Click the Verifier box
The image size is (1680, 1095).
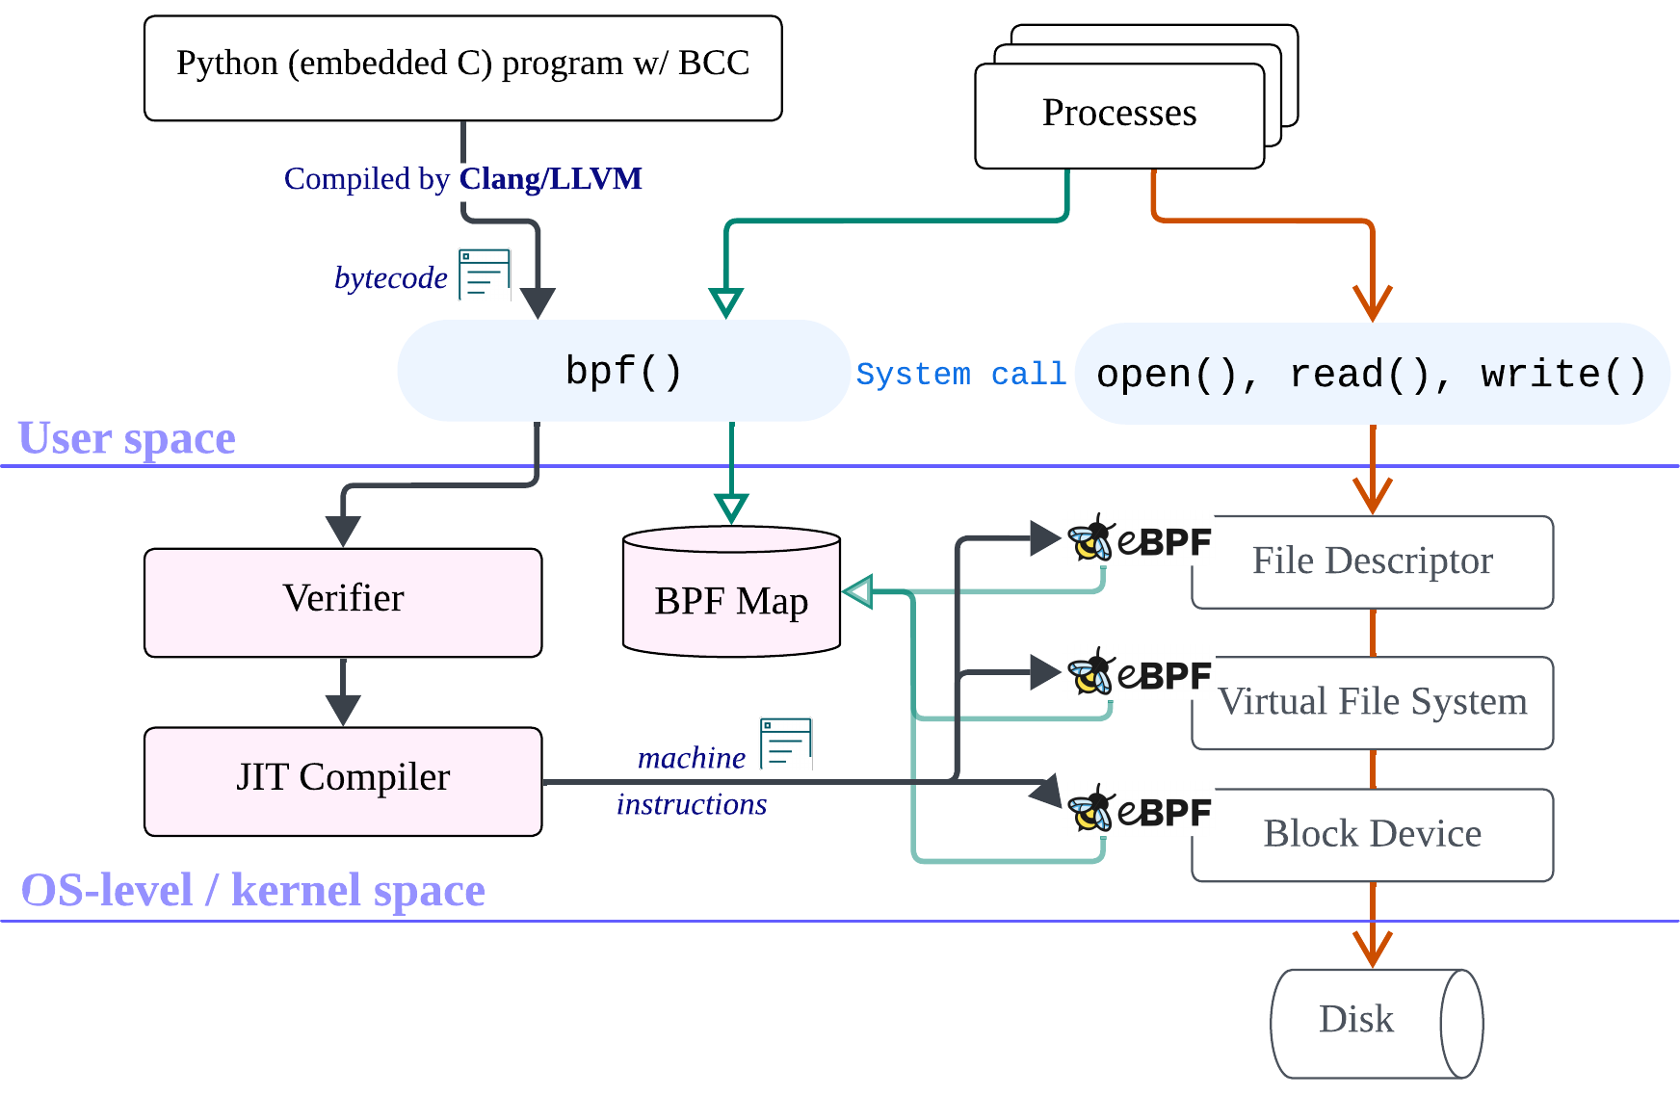(343, 602)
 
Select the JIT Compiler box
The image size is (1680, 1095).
(343, 780)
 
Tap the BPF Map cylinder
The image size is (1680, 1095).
(731, 602)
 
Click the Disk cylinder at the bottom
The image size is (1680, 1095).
(1368, 1022)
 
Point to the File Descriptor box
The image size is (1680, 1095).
(1372, 562)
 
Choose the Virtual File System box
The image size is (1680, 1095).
(1372, 703)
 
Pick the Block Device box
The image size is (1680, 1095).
(1372, 834)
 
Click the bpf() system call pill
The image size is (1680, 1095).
(623, 371)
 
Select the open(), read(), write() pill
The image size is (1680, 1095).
(1372, 375)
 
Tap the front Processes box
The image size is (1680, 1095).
(1118, 116)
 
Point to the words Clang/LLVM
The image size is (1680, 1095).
(550, 179)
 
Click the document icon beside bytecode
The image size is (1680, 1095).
(485, 274)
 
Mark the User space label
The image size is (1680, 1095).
(127, 438)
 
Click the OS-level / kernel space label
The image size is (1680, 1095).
(252, 890)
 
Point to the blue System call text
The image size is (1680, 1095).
(960, 375)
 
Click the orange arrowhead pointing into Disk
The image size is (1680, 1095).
(1372, 949)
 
